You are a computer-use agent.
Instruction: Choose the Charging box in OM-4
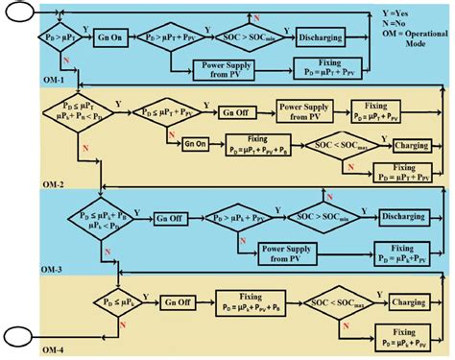point(416,302)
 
